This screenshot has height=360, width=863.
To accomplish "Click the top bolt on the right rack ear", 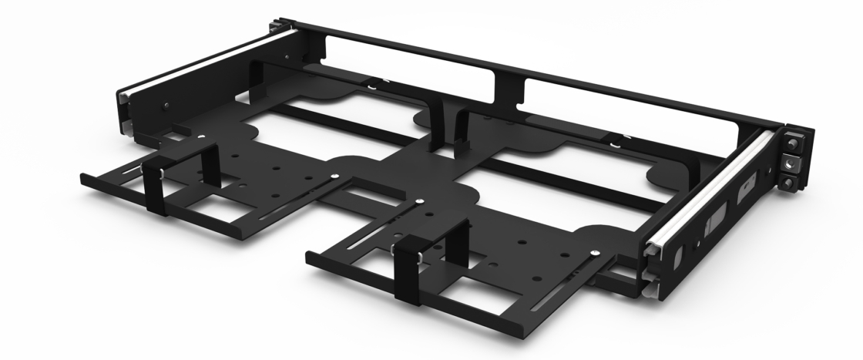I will [x=792, y=144].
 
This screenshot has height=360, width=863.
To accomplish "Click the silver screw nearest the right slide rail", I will [x=596, y=251].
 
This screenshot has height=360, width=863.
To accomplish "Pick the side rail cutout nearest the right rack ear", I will [x=744, y=188].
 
